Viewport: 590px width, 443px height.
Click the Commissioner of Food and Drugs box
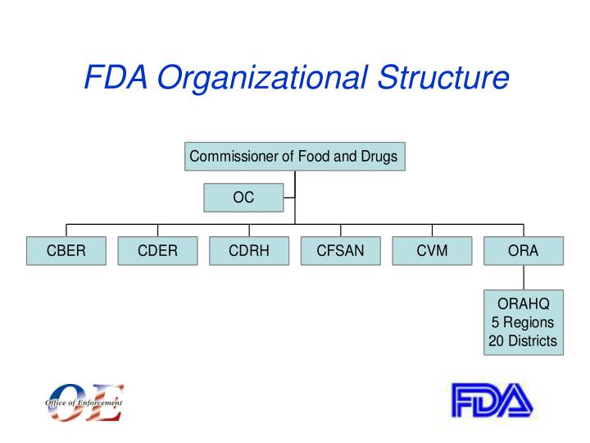[294, 157]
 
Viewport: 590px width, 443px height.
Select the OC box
[243, 198]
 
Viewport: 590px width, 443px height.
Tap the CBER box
[66, 251]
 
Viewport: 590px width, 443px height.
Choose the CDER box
[157, 251]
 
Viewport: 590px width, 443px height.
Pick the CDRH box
[249, 251]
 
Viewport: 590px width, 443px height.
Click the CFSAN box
[340, 251]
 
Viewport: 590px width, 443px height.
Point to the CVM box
[432, 251]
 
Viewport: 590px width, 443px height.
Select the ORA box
[524, 251]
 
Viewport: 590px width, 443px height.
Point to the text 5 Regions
[524, 322]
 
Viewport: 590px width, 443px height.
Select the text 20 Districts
[524, 340]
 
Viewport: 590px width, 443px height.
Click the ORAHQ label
[524, 304]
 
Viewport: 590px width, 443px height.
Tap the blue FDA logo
[492, 401]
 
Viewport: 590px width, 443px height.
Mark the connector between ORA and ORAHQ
[524, 277]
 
